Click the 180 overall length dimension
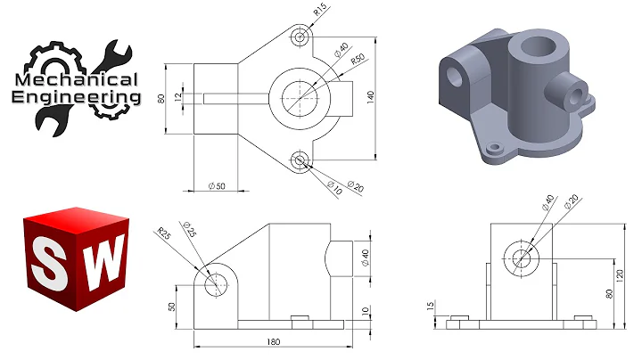pyautogui.click(x=274, y=341)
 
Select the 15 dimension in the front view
pyautogui.click(x=430, y=307)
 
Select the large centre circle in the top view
pyautogui.click(x=300, y=97)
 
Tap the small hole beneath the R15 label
pyautogui.click(x=300, y=36)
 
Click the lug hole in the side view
pyautogui.click(x=215, y=285)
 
